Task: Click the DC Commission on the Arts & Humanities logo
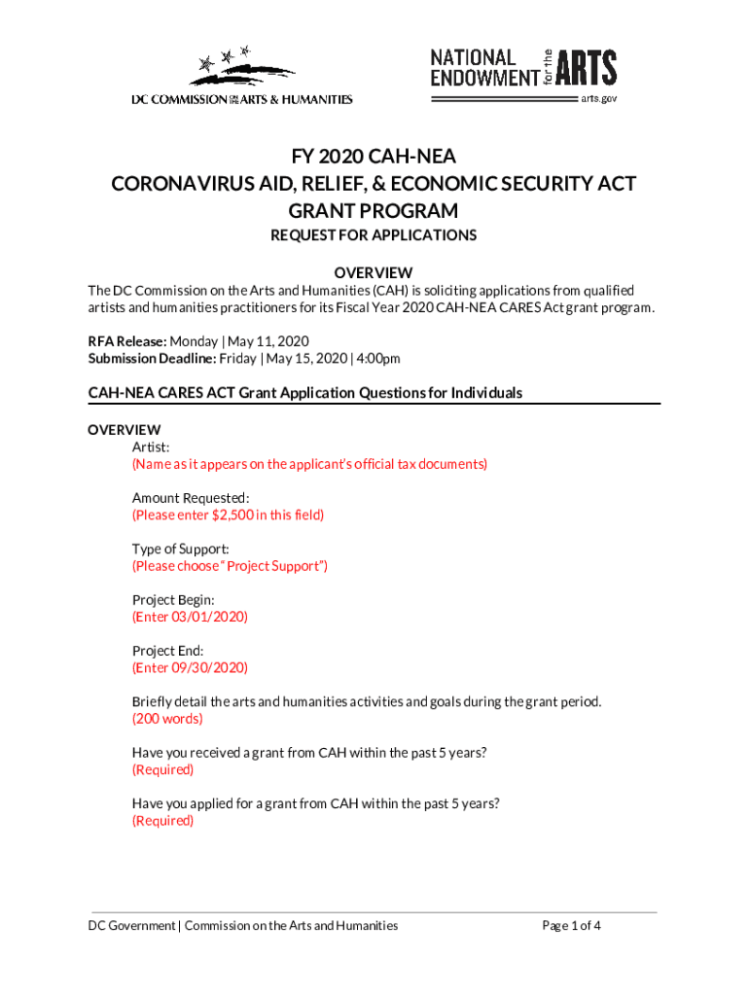(x=242, y=75)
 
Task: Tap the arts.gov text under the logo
(x=598, y=98)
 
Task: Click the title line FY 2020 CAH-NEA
(x=374, y=158)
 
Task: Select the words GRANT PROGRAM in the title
(x=374, y=211)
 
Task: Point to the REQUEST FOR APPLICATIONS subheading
(x=374, y=235)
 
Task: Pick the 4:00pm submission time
(x=377, y=359)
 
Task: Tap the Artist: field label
(x=151, y=446)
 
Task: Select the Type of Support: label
(x=181, y=549)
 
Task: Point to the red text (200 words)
(x=167, y=719)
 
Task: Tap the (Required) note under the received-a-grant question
(x=162, y=769)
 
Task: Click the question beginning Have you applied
(x=316, y=803)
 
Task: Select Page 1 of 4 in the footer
(x=571, y=926)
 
